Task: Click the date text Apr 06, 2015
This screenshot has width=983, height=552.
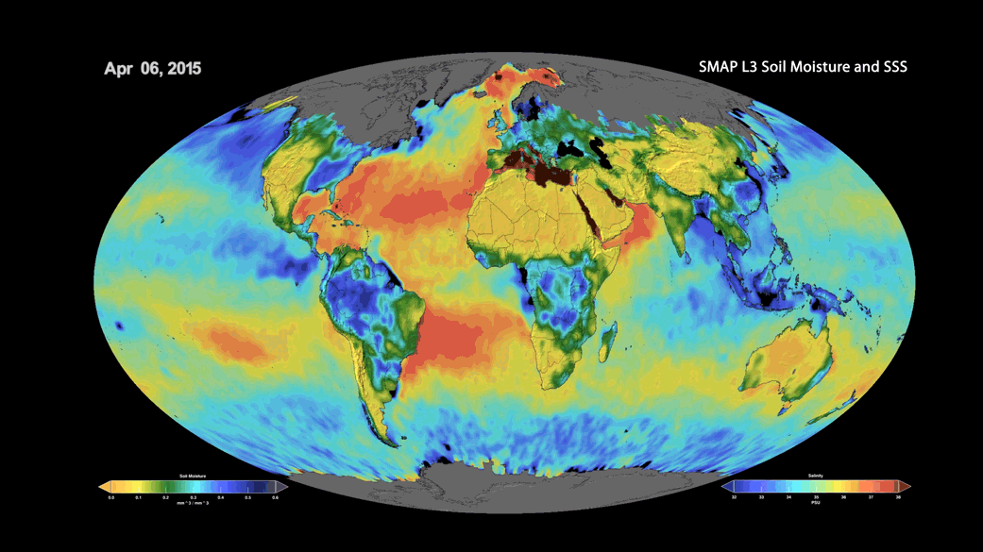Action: pyautogui.click(x=153, y=69)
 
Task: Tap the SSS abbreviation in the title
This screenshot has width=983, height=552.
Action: pyautogui.click(x=891, y=67)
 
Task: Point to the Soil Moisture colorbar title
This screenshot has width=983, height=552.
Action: pyautogui.click(x=193, y=476)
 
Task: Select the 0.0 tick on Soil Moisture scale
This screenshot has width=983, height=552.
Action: pyautogui.click(x=111, y=496)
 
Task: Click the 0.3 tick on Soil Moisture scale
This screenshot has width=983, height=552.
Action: pyautogui.click(x=194, y=496)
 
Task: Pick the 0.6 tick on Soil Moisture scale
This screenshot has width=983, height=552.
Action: pyautogui.click(x=276, y=496)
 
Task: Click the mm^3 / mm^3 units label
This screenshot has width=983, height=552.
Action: pyautogui.click(x=193, y=504)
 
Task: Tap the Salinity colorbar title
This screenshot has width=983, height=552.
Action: pyautogui.click(x=816, y=476)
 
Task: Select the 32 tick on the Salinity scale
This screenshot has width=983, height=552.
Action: pyautogui.click(x=734, y=496)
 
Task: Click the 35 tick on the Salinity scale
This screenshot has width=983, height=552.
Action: pyautogui.click(x=816, y=496)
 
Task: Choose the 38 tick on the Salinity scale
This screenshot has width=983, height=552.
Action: pyautogui.click(x=898, y=496)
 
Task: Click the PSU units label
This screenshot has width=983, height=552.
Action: pyautogui.click(x=816, y=504)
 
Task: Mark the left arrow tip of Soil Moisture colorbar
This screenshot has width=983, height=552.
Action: pyautogui.click(x=100, y=487)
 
